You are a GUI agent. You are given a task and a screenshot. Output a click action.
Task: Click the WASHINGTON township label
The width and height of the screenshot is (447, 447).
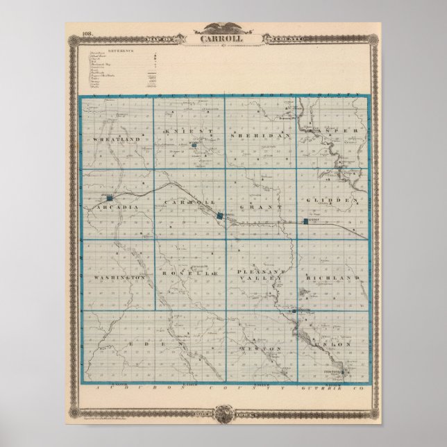pos(119,277)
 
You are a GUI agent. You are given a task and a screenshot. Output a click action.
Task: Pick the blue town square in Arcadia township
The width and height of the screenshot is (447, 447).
pos(109,196)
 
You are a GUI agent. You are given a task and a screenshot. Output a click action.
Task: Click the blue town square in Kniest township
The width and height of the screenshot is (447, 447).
pos(194,146)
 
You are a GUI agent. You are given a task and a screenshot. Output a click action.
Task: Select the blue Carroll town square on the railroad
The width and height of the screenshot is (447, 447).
pos(220,216)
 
